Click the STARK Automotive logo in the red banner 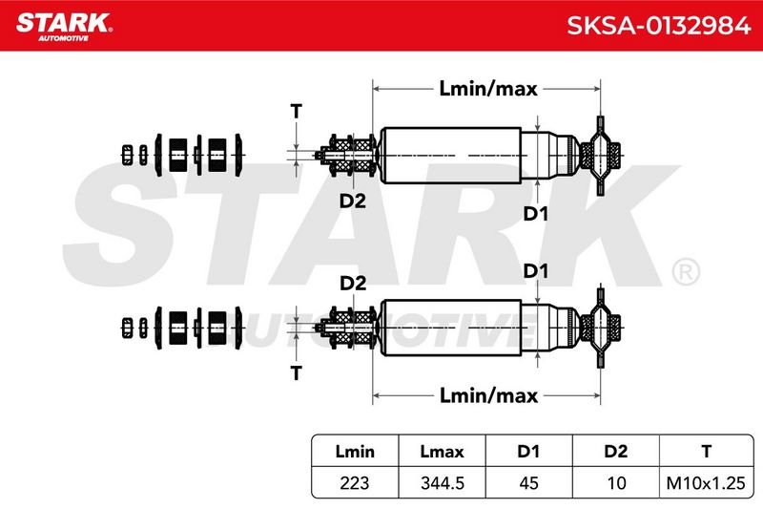tap(64, 27)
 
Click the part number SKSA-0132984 tap(658, 26)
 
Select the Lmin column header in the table tap(355, 451)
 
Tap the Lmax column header tap(442, 451)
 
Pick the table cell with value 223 tap(355, 482)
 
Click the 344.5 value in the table tap(442, 482)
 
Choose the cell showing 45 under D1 tap(528, 482)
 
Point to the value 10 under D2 tap(616, 482)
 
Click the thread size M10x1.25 tap(706, 482)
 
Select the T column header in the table tap(706, 451)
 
